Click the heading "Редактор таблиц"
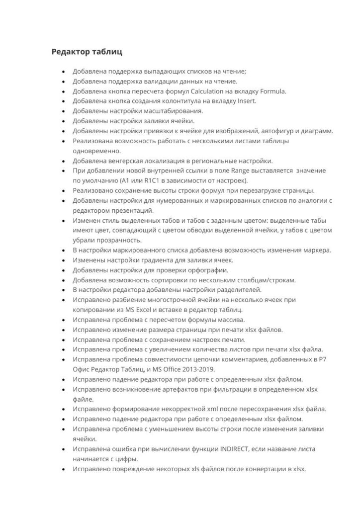click(x=87, y=51)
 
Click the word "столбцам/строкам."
click(x=265, y=280)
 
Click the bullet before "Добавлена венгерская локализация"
click(x=63, y=161)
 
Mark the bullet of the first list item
click(x=63, y=72)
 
